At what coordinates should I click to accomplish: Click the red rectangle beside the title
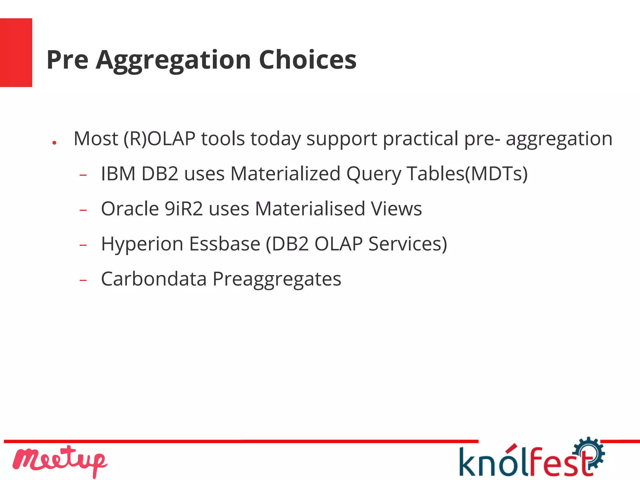click(x=16, y=52)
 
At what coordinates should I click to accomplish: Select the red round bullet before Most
click(x=54, y=143)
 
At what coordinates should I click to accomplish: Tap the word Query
click(x=374, y=174)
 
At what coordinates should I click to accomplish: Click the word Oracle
click(x=130, y=209)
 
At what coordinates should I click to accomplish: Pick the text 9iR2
click(x=184, y=209)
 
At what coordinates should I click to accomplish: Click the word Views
click(x=396, y=209)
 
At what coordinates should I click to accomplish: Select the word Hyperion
click(x=142, y=244)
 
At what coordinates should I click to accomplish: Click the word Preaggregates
click(x=277, y=279)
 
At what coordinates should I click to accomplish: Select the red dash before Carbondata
click(x=83, y=280)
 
